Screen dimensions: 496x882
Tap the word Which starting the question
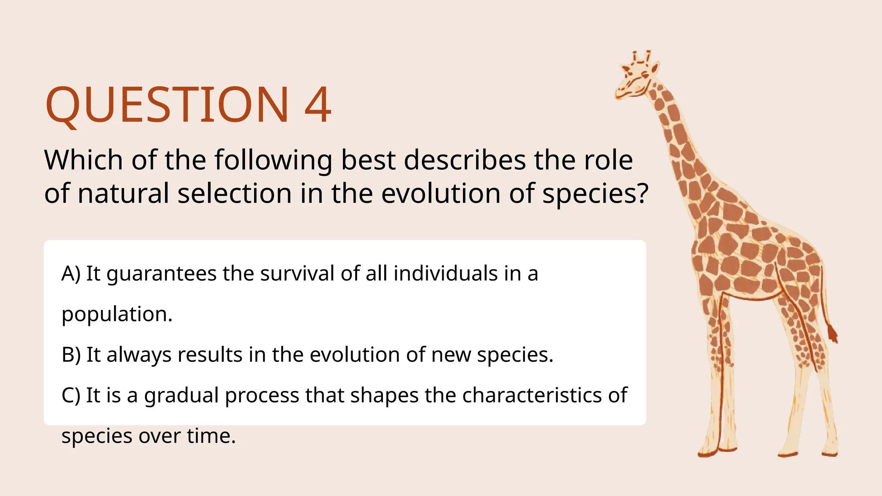pyautogui.click(x=84, y=160)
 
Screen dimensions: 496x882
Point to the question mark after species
pyautogui.click(x=641, y=193)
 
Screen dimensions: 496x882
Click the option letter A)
pyautogui.click(x=71, y=274)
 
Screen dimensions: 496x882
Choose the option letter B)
pyautogui.click(x=71, y=355)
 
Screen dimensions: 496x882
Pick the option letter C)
pyautogui.click(x=71, y=395)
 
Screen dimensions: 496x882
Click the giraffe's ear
pyautogui.click(x=654, y=68)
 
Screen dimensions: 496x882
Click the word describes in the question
pyautogui.click(x=465, y=160)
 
